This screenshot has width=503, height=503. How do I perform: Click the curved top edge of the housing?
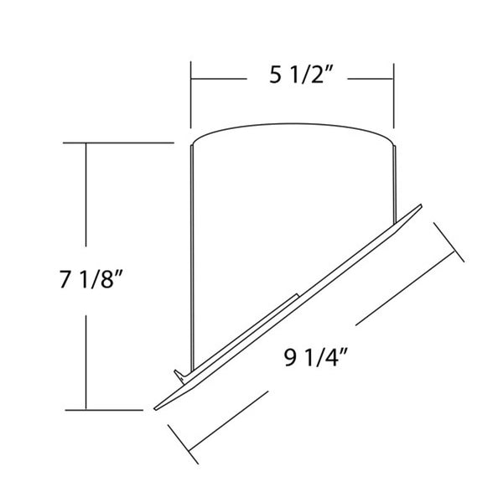click(293, 127)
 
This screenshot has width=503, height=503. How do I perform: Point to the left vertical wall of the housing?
click(194, 251)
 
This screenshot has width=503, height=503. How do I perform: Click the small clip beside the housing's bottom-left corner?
click(179, 372)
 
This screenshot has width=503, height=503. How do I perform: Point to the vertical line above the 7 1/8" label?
click(86, 201)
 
